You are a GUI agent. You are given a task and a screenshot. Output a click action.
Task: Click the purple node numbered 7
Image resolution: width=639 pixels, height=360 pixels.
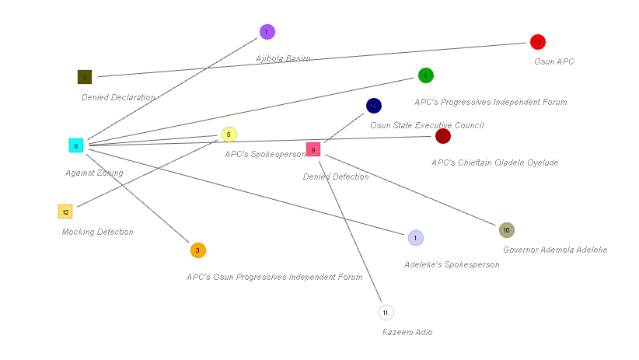[267, 32]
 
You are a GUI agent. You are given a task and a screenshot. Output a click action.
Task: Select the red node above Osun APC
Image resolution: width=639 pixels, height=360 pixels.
[538, 42]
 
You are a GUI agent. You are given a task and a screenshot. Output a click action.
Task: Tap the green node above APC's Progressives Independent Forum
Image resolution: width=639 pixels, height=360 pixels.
[425, 75]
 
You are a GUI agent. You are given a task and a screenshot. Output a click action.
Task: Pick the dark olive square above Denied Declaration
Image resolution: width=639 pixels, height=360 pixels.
[85, 77]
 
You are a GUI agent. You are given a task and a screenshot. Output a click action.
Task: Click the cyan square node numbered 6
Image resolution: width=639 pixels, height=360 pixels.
[76, 145]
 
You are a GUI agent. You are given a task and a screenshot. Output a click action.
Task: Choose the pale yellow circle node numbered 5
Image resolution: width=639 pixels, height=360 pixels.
[229, 135]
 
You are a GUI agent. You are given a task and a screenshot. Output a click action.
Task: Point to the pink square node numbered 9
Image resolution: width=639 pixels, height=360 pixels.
[313, 149]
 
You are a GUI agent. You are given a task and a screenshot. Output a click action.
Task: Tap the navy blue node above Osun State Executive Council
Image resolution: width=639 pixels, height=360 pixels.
[374, 106]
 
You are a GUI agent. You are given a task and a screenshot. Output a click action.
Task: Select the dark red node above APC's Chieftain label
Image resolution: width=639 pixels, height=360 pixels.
[443, 136]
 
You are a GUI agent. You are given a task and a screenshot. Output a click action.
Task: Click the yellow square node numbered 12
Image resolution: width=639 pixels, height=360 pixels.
[65, 211]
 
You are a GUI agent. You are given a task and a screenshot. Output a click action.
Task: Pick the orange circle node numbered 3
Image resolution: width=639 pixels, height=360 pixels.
[197, 250]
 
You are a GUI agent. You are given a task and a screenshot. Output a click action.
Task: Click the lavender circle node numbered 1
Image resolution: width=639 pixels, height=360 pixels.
[416, 238]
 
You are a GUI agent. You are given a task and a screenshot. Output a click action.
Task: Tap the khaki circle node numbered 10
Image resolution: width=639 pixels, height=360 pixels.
[507, 230]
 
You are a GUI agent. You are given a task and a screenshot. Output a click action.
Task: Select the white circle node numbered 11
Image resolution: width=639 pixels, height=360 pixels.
[386, 313]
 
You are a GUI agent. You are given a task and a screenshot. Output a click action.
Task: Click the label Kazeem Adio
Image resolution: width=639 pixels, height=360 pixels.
[407, 332]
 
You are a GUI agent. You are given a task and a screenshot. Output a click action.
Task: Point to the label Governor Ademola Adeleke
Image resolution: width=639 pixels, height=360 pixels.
[554, 250]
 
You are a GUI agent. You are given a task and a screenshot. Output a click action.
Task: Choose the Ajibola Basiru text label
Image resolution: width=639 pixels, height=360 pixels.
[283, 58]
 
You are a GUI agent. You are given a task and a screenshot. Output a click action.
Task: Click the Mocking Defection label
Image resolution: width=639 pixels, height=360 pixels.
[97, 232]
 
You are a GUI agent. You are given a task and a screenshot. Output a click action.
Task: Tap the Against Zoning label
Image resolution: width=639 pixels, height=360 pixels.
[94, 173]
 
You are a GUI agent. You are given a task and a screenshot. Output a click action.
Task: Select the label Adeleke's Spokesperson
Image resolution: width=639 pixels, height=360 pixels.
[451, 264]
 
